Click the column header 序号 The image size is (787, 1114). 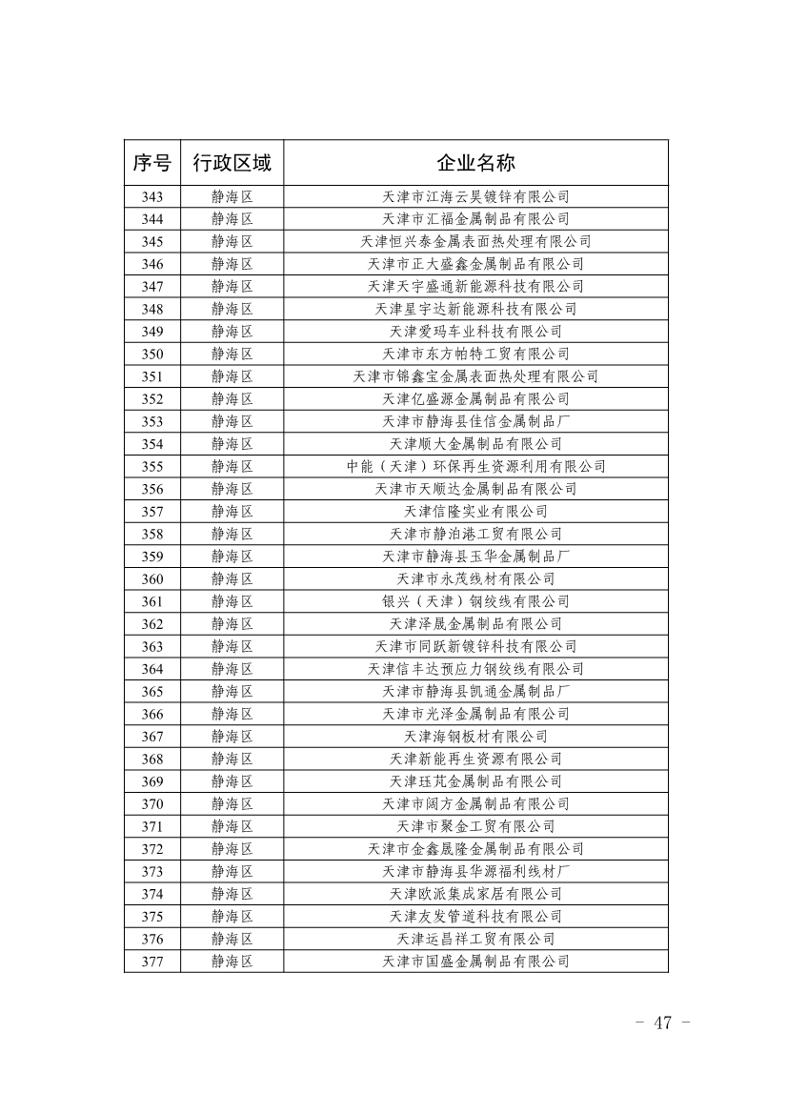click(151, 163)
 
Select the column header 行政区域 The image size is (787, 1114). click(232, 163)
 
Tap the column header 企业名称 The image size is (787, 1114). click(475, 163)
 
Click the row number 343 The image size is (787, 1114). click(151, 197)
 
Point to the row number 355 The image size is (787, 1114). click(151, 467)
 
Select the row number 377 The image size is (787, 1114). click(151, 962)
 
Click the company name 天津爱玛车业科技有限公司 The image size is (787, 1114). click(475, 332)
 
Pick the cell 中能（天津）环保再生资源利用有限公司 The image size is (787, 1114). click(475, 467)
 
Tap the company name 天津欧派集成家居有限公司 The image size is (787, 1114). click(475, 894)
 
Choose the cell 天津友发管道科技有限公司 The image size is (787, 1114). click(475, 917)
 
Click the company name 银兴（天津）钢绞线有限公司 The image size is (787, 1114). click(475, 601)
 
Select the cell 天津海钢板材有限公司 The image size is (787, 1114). click(475, 737)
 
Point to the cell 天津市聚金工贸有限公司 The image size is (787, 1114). click(475, 826)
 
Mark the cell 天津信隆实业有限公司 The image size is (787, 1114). click(475, 512)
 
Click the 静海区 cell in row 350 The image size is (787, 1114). click(232, 354)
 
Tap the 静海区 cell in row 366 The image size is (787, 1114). click(232, 714)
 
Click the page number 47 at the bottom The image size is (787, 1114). click(662, 1023)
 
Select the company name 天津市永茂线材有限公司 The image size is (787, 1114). click(475, 579)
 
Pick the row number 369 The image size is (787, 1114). click(151, 781)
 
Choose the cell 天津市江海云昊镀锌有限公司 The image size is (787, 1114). click(475, 197)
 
